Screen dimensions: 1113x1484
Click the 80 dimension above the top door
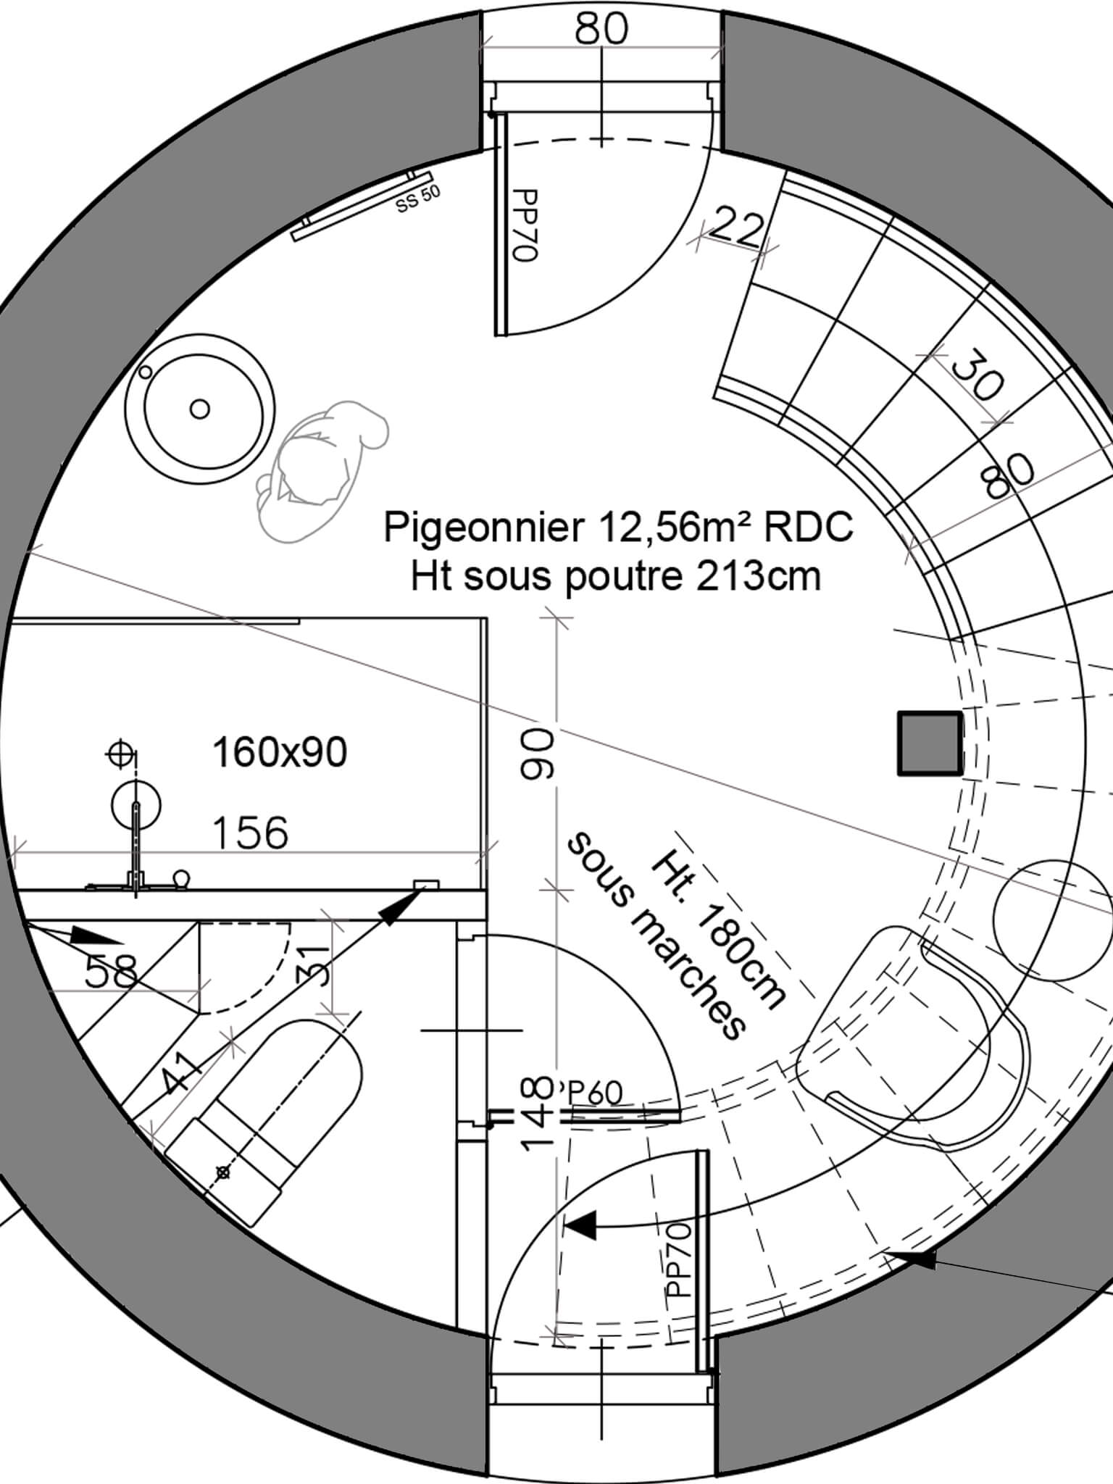click(601, 30)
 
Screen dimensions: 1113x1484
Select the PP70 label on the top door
click(523, 225)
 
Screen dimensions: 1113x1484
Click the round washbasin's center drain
click(200, 409)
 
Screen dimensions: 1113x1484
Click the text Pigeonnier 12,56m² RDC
click(618, 527)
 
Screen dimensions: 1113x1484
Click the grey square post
click(930, 743)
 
